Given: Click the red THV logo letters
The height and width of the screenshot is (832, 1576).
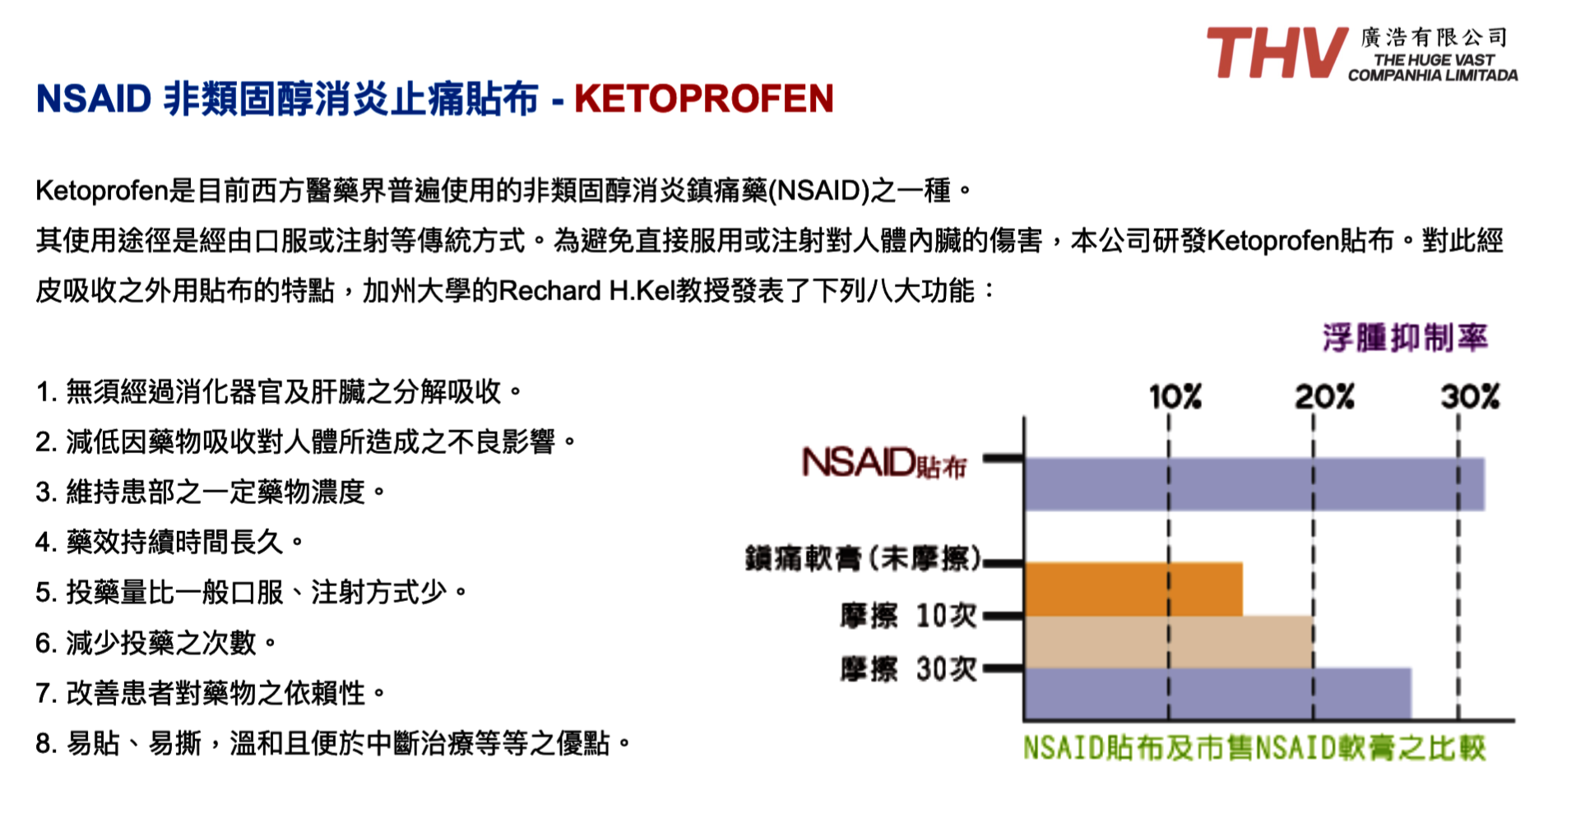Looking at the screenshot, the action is click(1276, 53).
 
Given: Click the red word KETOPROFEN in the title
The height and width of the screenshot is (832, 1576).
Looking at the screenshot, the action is click(704, 99).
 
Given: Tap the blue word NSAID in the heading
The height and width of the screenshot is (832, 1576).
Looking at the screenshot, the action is click(94, 99).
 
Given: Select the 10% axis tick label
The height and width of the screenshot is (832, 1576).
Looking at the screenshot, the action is click(1175, 397).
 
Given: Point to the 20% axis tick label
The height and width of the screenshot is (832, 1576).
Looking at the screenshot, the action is click(1324, 397).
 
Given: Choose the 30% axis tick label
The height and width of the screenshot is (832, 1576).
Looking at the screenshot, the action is click(1470, 397).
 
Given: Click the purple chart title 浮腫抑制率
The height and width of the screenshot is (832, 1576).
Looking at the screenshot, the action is click(1406, 338).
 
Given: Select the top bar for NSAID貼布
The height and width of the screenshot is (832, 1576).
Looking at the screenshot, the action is click(1254, 484).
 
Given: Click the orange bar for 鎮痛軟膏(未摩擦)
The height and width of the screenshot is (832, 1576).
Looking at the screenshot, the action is click(1133, 589).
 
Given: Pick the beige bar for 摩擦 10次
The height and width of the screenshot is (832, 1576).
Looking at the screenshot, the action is click(1169, 642).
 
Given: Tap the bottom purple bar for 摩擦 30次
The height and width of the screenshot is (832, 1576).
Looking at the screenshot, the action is click(1218, 694).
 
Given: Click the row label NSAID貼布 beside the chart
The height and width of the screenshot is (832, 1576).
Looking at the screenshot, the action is click(884, 463).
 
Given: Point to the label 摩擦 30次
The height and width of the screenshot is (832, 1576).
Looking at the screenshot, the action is click(909, 669).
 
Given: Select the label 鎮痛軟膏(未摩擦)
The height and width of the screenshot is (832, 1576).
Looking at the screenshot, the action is click(864, 559).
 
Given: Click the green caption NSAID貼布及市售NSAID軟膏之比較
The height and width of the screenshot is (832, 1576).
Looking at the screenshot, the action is click(1254, 748).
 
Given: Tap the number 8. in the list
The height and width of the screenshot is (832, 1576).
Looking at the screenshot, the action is click(46, 744).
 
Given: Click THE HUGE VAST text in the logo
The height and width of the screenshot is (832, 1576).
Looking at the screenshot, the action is click(1434, 60).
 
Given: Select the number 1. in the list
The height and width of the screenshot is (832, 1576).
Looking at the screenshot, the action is click(46, 392).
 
